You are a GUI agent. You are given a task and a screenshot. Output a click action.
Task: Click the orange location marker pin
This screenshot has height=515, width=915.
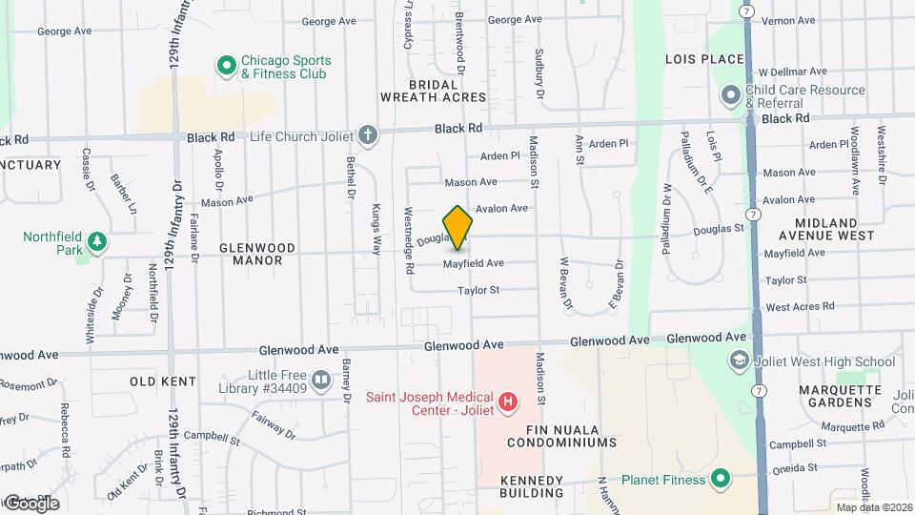[458, 228]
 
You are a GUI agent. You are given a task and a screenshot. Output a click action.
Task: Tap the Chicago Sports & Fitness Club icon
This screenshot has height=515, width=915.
[227, 66]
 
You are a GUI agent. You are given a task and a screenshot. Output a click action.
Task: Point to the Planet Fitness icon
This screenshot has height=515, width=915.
[721, 479]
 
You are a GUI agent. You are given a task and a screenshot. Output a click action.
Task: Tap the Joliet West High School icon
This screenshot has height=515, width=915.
[738, 360]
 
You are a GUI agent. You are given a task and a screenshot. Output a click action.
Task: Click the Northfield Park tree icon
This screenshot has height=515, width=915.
[95, 244]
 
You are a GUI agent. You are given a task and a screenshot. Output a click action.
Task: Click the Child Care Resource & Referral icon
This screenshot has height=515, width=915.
[731, 95]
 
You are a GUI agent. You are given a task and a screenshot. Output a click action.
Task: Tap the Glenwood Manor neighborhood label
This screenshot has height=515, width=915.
[251, 253]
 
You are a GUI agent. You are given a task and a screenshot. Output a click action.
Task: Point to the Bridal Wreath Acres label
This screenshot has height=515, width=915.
[434, 91]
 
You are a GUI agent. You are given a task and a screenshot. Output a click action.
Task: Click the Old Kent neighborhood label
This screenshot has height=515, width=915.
[163, 381]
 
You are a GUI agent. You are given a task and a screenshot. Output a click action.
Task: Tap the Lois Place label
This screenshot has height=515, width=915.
[704, 59]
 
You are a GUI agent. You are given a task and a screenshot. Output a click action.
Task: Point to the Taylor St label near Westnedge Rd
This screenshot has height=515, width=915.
[478, 290]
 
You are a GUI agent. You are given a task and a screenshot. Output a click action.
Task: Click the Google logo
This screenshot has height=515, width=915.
[30, 504]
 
